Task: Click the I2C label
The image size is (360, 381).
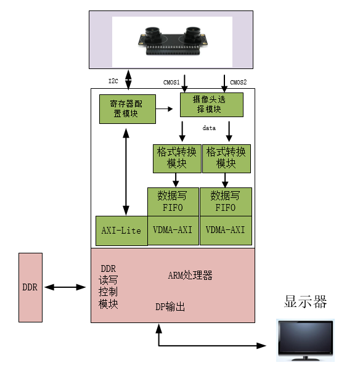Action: (113, 81)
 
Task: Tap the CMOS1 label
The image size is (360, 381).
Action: (171, 83)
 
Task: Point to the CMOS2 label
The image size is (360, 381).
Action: (239, 83)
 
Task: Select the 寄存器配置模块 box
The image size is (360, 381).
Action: (128, 109)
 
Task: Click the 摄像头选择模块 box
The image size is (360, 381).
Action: (211, 105)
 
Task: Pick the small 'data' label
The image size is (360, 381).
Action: (209, 128)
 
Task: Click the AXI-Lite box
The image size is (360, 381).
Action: (121, 231)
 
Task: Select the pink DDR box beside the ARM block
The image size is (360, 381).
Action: (30, 287)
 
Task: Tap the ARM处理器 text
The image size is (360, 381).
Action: (190, 276)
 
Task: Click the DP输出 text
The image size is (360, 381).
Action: (170, 306)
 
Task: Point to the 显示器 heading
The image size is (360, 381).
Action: (305, 302)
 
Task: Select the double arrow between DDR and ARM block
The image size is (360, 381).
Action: (65, 287)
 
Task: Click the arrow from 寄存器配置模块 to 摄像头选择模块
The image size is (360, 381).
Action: (164, 109)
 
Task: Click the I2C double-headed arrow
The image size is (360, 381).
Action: (128, 80)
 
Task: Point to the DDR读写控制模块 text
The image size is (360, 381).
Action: (108, 287)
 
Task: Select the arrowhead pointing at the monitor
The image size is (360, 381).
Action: (261, 345)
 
